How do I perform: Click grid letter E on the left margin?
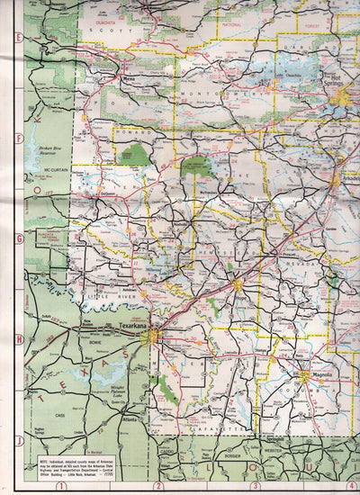(x=18, y=39)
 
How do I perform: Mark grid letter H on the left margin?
(x=18, y=339)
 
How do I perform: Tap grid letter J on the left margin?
(x=18, y=439)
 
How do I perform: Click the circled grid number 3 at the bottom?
(x=256, y=486)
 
